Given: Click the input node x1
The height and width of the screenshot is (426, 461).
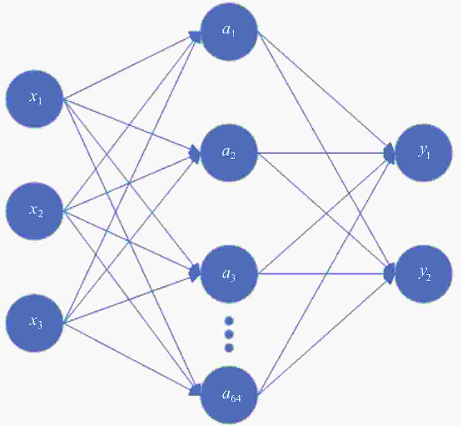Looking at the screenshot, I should pyautogui.click(x=35, y=99).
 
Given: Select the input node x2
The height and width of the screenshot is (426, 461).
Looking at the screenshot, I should pyautogui.click(x=35, y=211).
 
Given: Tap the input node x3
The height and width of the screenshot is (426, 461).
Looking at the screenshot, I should pyautogui.click(x=35, y=323).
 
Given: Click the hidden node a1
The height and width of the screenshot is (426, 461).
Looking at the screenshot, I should pyautogui.click(x=229, y=32).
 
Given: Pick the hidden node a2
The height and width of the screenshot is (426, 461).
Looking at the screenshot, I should pyautogui.click(x=229, y=153).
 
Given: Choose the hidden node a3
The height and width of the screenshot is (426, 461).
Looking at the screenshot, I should pyautogui.click(x=229, y=274).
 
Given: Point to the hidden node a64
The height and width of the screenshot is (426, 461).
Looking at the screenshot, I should pyautogui.click(x=229, y=395).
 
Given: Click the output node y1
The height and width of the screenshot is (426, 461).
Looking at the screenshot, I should pyautogui.click(x=424, y=153).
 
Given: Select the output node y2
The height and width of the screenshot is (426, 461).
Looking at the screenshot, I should pyautogui.click(x=424, y=274).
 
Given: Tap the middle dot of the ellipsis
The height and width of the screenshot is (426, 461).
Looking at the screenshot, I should pyautogui.click(x=229, y=334).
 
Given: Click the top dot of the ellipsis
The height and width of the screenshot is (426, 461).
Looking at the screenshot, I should pyautogui.click(x=229, y=321).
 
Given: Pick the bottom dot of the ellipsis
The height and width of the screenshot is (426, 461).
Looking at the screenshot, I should pyautogui.click(x=229, y=348).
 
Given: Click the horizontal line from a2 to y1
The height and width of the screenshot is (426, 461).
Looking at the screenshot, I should pyautogui.click(x=322, y=153).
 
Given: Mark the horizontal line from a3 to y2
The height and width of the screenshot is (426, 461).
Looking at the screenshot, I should pyautogui.click(x=322, y=274).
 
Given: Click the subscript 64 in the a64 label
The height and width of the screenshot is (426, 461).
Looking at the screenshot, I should pyautogui.click(x=236, y=398).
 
